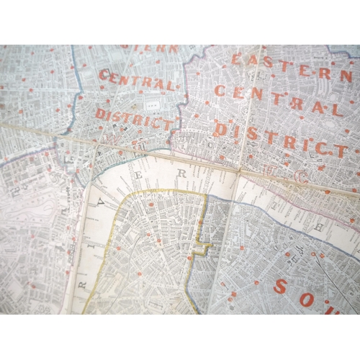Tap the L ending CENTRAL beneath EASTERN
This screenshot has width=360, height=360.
point(338,110)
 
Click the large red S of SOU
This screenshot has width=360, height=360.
point(282,287)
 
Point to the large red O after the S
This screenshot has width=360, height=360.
point(307,297)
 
